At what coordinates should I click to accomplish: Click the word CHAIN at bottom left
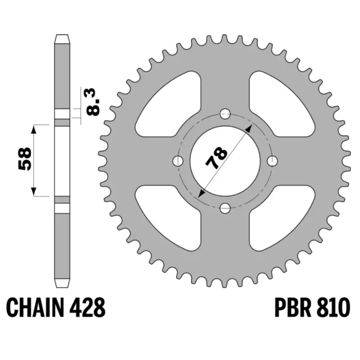pos(35,308)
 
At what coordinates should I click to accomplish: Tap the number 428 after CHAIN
pos(87,308)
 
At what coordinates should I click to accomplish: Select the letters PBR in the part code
pos(293,308)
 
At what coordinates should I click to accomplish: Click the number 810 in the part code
pos(333,308)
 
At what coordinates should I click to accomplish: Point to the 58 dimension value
pos(24,159)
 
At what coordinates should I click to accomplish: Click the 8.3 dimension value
pos(93,102)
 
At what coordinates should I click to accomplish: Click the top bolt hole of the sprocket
pos(225,114)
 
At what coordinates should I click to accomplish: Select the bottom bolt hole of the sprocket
pos(225,208)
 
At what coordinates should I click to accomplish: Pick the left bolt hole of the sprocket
pos(178,161)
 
